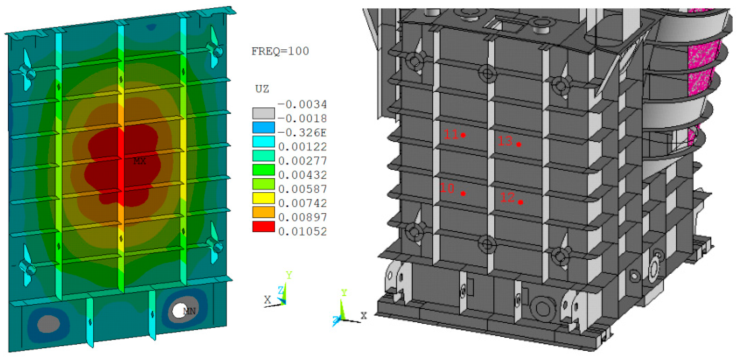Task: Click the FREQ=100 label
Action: click(x=280, y=51)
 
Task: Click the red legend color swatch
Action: click(x=263, y=226)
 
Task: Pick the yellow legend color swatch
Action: click(x=263, y=198)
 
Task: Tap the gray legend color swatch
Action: click(x=263, y=113)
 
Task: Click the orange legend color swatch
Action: click(x=263, y=212)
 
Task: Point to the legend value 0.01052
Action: click(x=303, y=231)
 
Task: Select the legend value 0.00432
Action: click(x=303, y=175)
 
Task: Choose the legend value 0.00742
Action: click(x=303, y=203)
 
